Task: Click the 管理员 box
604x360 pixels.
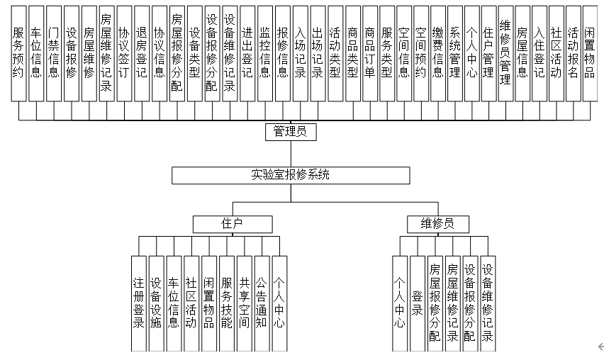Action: (x=290, y=132)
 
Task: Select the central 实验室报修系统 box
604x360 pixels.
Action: (x=290, y=175)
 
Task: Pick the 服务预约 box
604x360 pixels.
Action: (x=18, y=54)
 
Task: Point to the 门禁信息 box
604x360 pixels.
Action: (x=53, y=54)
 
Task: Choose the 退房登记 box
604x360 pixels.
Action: (x=141, y=54)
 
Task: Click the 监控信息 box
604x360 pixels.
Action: (x=264, y=54)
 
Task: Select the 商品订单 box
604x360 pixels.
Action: (x=369, y=54)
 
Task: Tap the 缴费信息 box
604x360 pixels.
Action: (x=438, y=54)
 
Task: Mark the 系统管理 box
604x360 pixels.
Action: (x=455, y=54)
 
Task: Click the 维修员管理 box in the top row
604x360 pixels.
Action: (x=505, y=54)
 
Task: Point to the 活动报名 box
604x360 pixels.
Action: (x=573, y=54)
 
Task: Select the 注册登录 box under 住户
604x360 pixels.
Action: (x=139, y=303)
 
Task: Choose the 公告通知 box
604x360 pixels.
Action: (x=262, y=303)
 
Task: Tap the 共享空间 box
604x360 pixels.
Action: (x=244, y=303)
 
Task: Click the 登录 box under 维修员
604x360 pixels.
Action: (x=418, y=303)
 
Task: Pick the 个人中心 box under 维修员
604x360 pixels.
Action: (x=400, y=303)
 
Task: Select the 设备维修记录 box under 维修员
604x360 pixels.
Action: (x=487, y=303)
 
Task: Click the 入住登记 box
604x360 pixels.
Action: (x=539, y=54)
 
